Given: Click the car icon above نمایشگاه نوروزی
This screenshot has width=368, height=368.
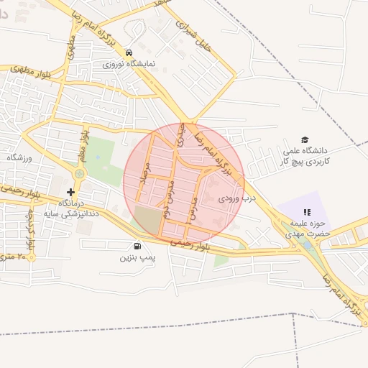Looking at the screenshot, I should [x=128, y=53].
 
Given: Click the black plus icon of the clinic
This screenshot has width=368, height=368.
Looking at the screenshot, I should [x=70, y=192].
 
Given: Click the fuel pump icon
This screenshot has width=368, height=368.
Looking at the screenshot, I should [x=137, y=246].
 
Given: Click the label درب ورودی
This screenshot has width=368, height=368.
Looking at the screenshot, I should [x=238, y=196].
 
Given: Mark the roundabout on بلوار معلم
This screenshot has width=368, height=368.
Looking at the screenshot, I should [x=79, y=173].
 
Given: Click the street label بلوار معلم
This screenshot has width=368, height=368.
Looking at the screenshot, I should [x=85, y=144].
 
